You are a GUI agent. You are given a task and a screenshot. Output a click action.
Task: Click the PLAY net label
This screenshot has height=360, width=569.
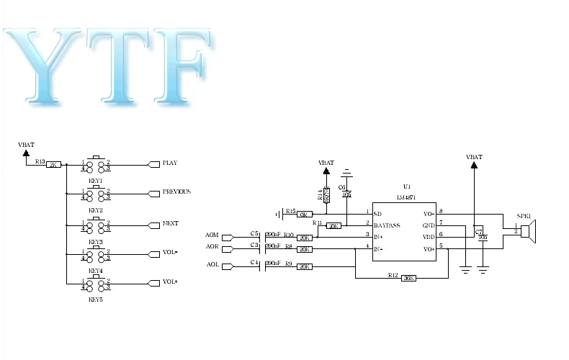pyautogui.click(x=170, y=163)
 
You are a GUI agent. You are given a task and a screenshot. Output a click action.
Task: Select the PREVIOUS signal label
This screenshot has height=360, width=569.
pyautogui.click(x=176, y=192)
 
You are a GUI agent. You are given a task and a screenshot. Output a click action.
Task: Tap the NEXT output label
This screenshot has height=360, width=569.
pyautogui.click(x=171, y=223)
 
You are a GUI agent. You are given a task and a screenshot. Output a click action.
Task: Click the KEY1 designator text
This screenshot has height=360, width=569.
pyautogui.click(x=95, y=180)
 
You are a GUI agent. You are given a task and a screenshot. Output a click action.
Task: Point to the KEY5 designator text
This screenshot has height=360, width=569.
pyautogui.click(x=95, y=299)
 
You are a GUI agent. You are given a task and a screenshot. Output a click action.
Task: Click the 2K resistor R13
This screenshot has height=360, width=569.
pyautogui.click(x=53, y=165)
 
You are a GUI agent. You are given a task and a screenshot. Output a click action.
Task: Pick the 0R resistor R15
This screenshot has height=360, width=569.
pyautogui.click(x=305, y=214)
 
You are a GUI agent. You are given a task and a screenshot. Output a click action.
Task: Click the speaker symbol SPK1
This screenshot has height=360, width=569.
pyautogui.click(x=527, y=231)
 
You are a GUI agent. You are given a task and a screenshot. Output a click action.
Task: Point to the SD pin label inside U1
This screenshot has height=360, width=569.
pyautogui.click(x=377, y=213)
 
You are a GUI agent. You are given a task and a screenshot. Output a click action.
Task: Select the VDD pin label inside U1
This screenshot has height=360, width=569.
pyautogui.click(x=429, y=236)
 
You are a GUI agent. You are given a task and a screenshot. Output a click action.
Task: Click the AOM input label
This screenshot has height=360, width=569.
pyautogui.click(x=212, y=235)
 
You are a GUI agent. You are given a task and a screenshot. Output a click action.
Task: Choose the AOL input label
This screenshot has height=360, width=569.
pyautogui.click(x=212, y=264)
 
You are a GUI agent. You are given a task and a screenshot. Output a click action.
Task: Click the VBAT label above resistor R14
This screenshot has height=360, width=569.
pyautogui.click(x=326, y=163)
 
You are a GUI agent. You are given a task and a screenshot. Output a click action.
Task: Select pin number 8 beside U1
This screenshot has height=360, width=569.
pyautogui.click(x=441, y=212)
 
